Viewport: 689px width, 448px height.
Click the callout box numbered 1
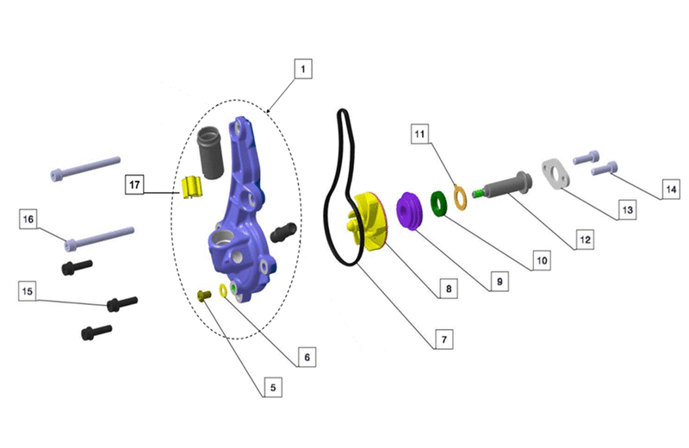(303, 69)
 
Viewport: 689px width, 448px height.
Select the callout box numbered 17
(134, 184)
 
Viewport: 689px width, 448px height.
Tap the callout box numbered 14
(671, 189)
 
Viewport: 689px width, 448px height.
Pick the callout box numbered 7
(444, 339)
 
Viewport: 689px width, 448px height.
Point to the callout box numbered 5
(273, 388)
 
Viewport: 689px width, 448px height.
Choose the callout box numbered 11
(419, 134)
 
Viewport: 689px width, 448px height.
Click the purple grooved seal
(410, 210)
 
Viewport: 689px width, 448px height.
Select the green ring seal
(438, 203)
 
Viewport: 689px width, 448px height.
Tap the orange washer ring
(460, 198)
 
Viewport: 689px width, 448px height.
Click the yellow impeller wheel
(368, 221)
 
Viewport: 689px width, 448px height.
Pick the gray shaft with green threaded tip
(502, 185)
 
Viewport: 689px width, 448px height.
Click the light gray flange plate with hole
(556, 174)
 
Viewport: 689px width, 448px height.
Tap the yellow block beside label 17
(192, 187)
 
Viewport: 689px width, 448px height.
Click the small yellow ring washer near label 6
(223, 290)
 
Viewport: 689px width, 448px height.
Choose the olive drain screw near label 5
(204, 295)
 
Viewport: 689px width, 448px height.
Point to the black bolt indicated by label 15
(122, 303)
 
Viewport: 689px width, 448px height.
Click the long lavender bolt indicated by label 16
(100, 238)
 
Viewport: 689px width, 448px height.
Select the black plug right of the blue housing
(284, 232)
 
